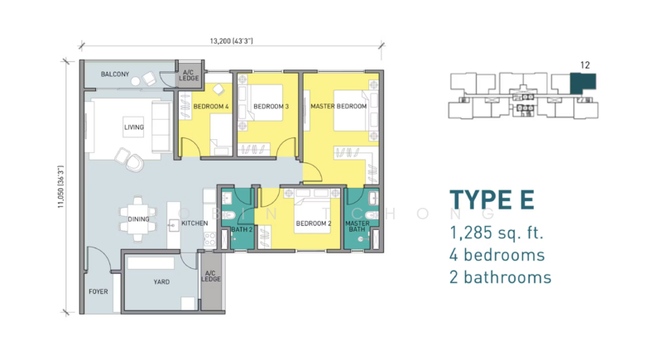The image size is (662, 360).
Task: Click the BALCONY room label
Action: pyautogui.click(x=115, y=74)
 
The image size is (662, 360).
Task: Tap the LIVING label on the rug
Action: pyautogui.click(x=134, y=127)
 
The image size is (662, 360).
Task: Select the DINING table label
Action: pyautogui.click(x=138, y=219)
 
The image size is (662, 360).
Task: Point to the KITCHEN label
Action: pyautogui.click(x=194, y=223)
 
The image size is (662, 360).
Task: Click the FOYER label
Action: pyautogui.click(x=98, y=291)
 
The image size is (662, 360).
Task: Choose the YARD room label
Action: pyautogui.click(x=161, y=282)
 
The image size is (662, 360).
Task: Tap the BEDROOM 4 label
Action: pyautogui.click(x=211, y=107)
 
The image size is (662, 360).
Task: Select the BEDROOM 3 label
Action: pyautogui.click(x=271, y=107)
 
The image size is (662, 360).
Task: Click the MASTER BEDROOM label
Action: pyautogui.click(x=338, y=107)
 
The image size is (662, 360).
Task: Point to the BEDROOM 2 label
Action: pyautogui.click(x=314, y=223)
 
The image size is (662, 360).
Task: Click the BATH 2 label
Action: pyautogui.click(x=242, y=229)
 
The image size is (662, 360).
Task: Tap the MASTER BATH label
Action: pyautogui.click(x=357, y=226)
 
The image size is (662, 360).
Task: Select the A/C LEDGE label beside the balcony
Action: pyautogui.click(x=189, y=75)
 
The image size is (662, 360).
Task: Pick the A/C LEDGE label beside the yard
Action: pyautogui.click(x=211, y=276)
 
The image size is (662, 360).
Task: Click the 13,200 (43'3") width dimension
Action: pyautogui.click(x=232, y=41)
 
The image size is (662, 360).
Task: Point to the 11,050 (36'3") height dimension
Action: pyautogui.click(x=60, y=186)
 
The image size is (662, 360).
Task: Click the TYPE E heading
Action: pyautogui.click(x=492, y=200)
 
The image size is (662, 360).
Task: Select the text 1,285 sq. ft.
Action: pyautogui.click(x=496, y=233)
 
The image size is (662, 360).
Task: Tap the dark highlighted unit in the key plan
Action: pyautogui.click(x=583, y=82)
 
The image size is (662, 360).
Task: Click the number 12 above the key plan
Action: pyautogui.click(x=585, y=65)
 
